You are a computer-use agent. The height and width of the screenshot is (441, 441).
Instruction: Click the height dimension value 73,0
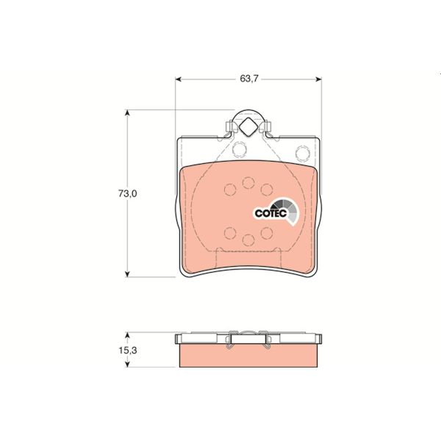coord(129,194)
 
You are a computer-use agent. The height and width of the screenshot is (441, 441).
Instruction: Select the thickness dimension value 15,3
coord(129,351)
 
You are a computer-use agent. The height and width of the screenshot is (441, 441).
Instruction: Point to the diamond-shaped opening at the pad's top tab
coord(248,126)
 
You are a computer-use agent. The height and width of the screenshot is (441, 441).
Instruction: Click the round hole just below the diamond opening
coord(239,151)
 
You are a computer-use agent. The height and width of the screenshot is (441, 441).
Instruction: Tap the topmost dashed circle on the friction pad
coord(248,182)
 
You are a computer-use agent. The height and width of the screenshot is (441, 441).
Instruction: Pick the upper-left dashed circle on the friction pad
coord(229,190)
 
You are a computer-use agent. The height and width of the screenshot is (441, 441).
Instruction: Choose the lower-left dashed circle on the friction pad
coord(229,234)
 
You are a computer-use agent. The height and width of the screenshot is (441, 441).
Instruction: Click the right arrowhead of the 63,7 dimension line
coord(317,79)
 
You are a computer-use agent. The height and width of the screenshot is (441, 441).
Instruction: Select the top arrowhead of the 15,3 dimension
coord(129,335)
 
